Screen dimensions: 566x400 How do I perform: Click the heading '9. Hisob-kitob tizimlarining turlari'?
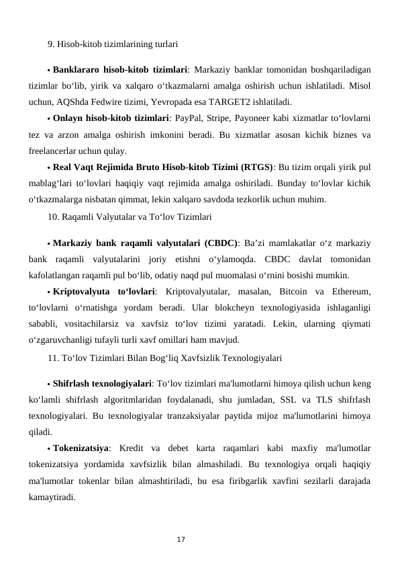pyautogui.click(x=112, y=45)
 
